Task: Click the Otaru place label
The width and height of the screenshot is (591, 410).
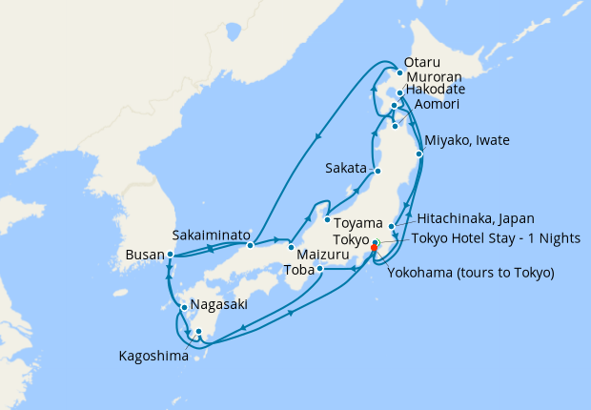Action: click(423, 62)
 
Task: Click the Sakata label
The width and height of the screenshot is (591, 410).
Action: click(345, 167)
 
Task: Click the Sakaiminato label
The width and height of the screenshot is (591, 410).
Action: click(212, 234)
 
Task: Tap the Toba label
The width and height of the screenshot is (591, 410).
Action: click(300, 269)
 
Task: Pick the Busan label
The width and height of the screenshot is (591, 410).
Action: click(144, 256)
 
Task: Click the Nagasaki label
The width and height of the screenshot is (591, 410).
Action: click(219, 305)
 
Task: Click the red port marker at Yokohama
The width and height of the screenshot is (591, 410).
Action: click(373, 250)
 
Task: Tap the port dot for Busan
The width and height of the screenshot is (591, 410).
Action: click(170, 255)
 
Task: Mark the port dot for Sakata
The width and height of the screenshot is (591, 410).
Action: click(377, 172)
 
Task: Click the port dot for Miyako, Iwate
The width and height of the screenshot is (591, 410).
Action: click(419, 153)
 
